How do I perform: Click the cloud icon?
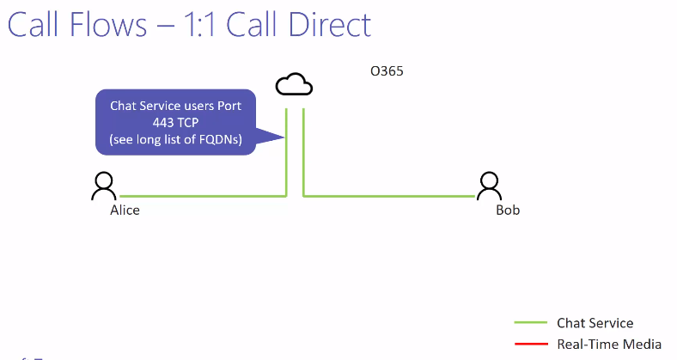(294, 84)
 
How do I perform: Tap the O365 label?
(387, 71)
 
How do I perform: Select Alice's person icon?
(104, 186)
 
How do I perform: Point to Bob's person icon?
(490, 186)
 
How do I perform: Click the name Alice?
(125, 210)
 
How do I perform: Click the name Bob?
(508, 210)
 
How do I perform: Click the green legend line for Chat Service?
(531, 323)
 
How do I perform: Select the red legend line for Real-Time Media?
(531, 345)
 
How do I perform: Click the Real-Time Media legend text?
(609, 345)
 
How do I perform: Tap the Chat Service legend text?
(595, 323)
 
